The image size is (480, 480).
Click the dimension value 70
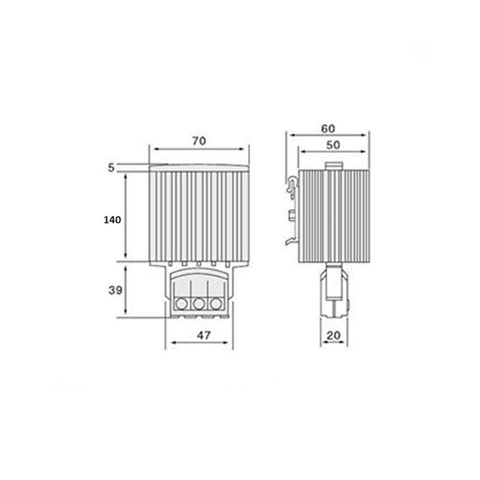tap(199, 141)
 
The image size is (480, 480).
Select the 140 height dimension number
tap(112, 220)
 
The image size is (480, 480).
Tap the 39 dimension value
tap(115, 290)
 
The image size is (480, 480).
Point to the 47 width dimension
tap(203, 335)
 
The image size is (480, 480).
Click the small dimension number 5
tap(111, 167)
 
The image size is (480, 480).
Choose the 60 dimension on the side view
tap(328, 129)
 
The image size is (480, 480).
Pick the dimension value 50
tap(333, 145)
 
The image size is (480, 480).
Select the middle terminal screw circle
tap(199, 302)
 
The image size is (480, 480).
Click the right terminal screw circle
tap(215, 302)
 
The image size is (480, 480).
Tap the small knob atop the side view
tap(334, 166)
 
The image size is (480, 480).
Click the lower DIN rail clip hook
tap(291, 240)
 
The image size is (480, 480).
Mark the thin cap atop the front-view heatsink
tap(199, 167)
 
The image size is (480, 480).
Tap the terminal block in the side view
tap(334, 290)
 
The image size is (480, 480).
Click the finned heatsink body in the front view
tap(199, 216)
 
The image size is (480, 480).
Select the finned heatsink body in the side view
tap(334, 216)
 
